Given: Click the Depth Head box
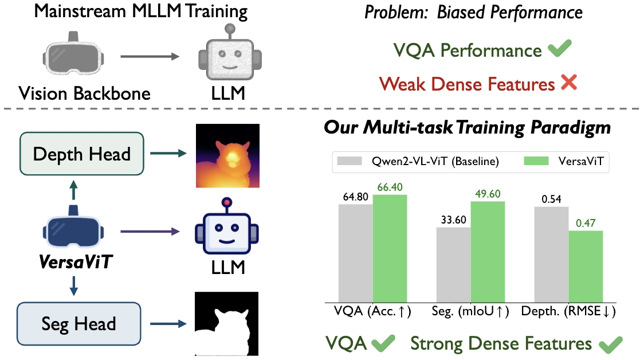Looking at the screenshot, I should pyautogui.click(x=82, y=154).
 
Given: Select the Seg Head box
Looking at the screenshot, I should pyautogui.click(x=78, y=323).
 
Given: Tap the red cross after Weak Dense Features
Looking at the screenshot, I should pyautogui.click(x=569, y=83).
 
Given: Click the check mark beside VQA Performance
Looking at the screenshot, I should pyautogui.click(x=560, y=50).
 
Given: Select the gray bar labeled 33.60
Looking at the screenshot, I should pyautogui.click(x=454, y=264).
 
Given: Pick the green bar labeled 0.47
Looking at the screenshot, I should pyautogui.click(x=586, y=266).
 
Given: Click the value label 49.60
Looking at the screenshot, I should pyautogui.click(x=488, y=194).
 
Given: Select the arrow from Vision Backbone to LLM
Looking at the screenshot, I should pyautogui.click(x=151, y=57).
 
